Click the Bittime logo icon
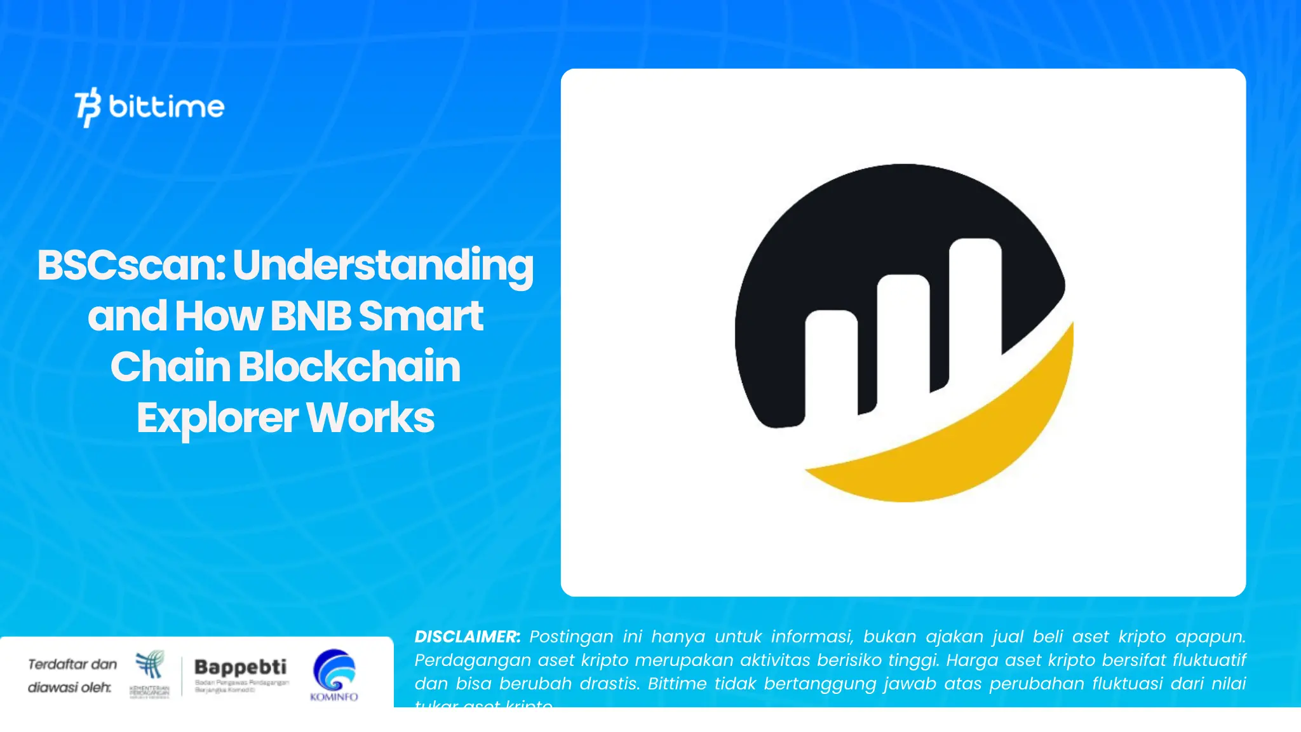[88, 107]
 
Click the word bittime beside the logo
[166, 107]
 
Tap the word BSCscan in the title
[130, 265]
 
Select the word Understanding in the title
[383, 266]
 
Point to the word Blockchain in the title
[349, 367]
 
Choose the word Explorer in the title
[217, 419]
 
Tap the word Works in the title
[370, 417]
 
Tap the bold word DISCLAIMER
[467, 637]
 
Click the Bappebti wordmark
[240, 667]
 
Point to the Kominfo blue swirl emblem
[334, 670]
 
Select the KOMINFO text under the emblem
[334, 697]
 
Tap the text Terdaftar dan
[72, 665]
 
